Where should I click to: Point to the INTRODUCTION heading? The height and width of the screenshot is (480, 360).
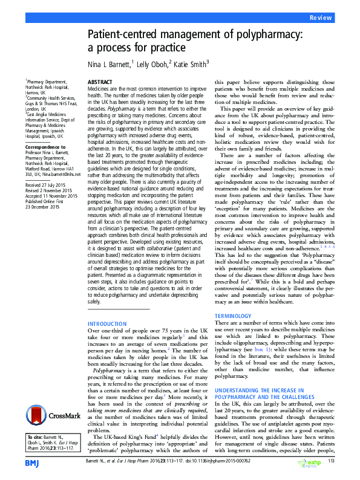(108, 323)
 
